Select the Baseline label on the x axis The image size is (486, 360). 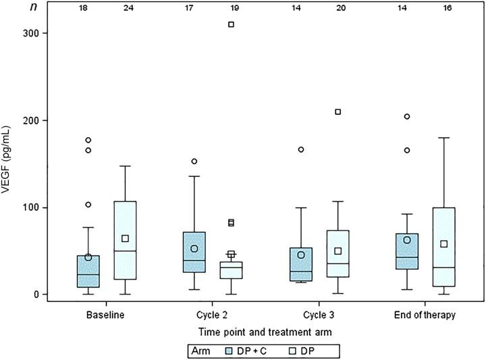coord(105,315)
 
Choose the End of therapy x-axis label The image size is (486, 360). coord(425,315)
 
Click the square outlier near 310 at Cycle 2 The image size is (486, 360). coord(231,24)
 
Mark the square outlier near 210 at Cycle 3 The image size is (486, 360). coord(337,111)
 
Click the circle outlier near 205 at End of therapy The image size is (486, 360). coord(407,116)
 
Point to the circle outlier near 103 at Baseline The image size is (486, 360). coord(88,205)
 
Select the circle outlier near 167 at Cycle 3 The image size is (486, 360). coord(300,149)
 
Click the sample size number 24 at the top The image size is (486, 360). coord(125,9)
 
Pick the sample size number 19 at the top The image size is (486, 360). coord(231,9)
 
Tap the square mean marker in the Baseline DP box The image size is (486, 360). coord(125,238)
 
